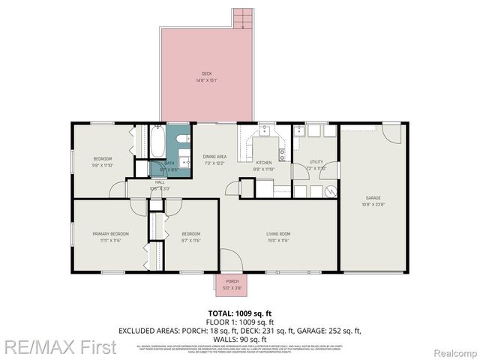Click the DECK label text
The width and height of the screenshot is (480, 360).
pyautogui.click(x=206, y=73)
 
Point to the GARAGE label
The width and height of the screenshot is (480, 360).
pyautogui.click(x=373, y=197)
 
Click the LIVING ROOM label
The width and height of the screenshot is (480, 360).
pyautogui.click(x=277, y=234)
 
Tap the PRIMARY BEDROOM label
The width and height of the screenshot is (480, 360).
pyautogui.click(x=106, y=234)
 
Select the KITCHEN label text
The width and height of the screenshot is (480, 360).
pyautogui.click(x=264, y=163)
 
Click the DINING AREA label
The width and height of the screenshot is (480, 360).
pyautogui.click(x=214, y=156)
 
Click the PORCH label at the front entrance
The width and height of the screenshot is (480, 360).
pyautogui.click(x=232, y=282)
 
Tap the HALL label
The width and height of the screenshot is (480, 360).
pyautogui.click(x=160, y=182)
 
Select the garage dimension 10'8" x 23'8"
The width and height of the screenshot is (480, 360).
pyautogui.click(x=373, y=204)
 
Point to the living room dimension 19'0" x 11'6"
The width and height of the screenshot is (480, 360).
pyautogui.click(x=277, y=241)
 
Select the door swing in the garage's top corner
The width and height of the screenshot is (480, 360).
pyautogui.click(x=392, y=133)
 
